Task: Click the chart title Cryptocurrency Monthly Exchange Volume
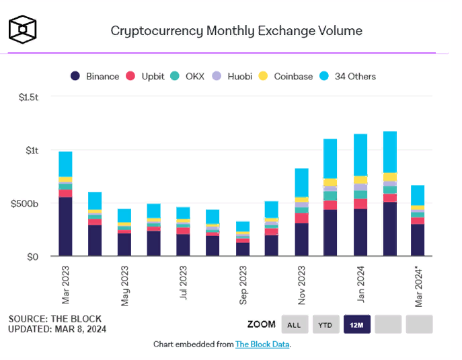236,30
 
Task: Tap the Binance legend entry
95,76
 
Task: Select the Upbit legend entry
146,76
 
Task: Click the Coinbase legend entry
286,76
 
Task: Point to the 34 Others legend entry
348,76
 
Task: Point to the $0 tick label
33,256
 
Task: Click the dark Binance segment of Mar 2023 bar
65,226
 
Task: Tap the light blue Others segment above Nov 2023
302,182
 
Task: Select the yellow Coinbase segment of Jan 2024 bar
361,180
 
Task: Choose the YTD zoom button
325,324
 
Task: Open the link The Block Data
262,345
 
